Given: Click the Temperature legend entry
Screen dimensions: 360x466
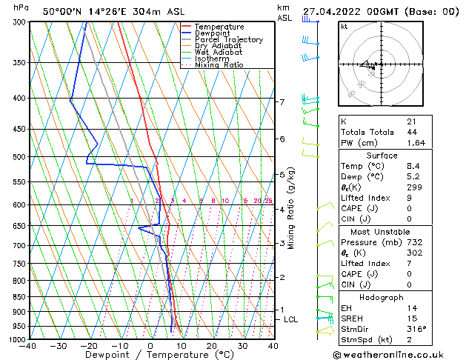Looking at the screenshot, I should pyautogui.click(x=219, y=27).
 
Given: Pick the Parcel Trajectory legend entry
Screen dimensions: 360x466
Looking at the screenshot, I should pyautogui.click(x=228, y=40).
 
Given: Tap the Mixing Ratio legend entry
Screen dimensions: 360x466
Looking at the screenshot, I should pyautogui.click(x=219, y=65).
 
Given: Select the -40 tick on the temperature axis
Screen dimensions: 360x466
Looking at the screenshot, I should pyautogui.click(x=28, y=346).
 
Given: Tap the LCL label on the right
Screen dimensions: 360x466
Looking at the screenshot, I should pyautogui.click(x=291, y=319).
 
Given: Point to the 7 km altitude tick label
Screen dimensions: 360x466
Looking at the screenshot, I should pyautogui.click(x=282, y=101).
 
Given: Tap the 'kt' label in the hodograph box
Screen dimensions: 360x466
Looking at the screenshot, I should pyautogui.click(x=344, y=26).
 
